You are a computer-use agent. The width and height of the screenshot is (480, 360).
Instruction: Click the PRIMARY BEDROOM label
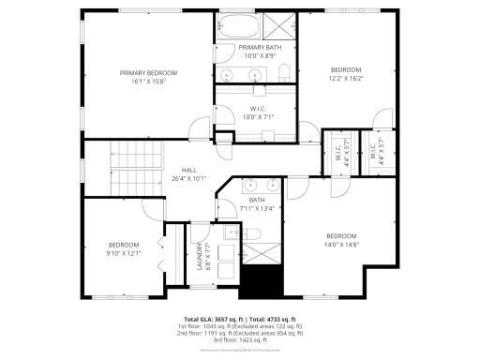click(148, 72)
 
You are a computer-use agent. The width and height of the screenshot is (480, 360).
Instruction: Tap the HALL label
click(188, 170)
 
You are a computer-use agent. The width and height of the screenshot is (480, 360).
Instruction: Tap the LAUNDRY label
click(199, 258)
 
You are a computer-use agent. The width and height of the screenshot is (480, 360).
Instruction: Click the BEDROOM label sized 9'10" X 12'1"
click(123, 245)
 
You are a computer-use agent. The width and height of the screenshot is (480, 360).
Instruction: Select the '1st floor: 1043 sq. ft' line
click(240, 326)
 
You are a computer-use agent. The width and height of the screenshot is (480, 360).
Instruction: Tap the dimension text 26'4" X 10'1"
click(188, 178)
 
